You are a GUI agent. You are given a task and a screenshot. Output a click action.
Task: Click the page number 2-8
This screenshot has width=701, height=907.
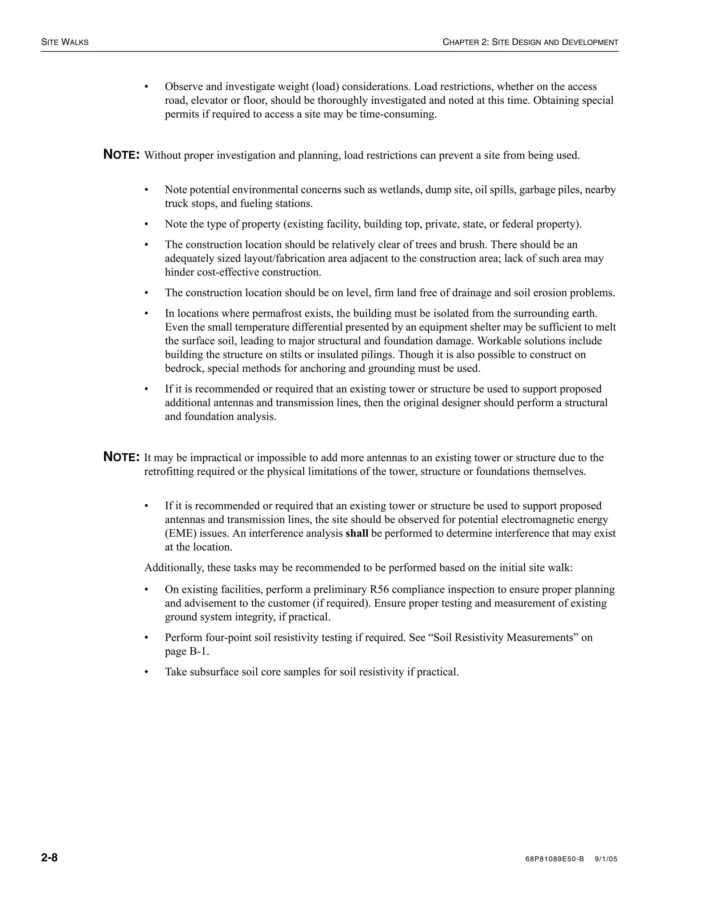point(49,857)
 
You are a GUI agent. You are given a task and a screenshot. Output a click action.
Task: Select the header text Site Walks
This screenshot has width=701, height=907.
point(65,42)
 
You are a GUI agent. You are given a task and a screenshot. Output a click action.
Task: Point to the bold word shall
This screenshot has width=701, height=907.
point(357,533)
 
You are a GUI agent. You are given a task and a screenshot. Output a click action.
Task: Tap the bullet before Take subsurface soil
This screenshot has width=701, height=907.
point(146,672)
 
